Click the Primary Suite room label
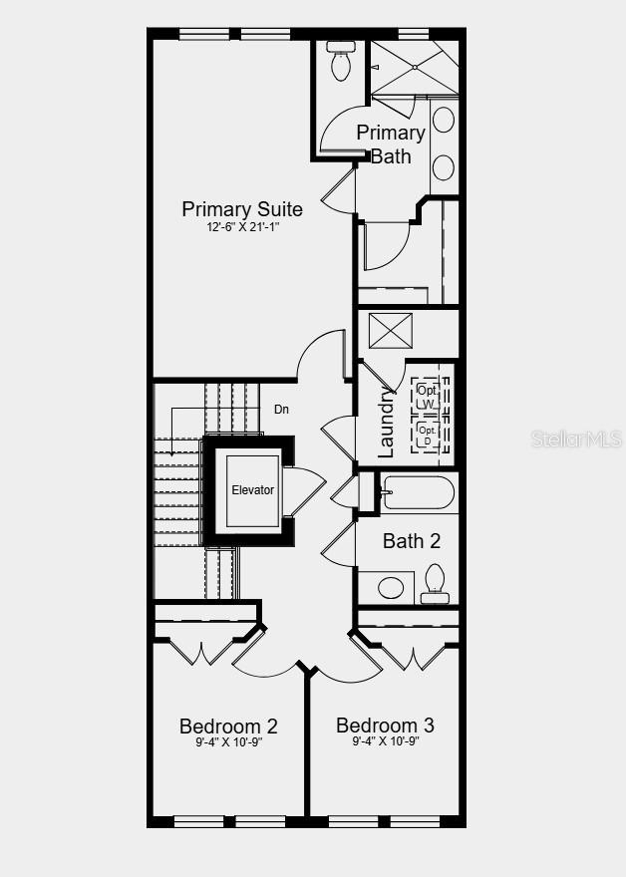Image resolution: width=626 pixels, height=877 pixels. click(242, 209)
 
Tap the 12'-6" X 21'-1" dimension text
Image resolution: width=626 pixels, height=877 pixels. click(242, 227)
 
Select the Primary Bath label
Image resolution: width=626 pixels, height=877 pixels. click(391, 144)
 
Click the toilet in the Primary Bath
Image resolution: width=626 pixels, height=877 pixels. click(341, 62)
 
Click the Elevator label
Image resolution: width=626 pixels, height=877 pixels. click(252, 490)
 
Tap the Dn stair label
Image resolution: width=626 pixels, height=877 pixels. click(282, 410)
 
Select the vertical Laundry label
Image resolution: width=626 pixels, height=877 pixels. click(387, 423)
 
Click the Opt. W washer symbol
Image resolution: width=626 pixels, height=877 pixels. click(428, 394)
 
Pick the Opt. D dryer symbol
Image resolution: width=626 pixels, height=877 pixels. click(428, 435)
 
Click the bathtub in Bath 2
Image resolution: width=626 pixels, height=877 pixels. click(418, 491)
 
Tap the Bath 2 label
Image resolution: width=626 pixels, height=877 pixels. click(412, 541)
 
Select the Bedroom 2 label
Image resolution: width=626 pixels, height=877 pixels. click(228, 726)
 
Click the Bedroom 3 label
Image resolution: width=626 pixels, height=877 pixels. click(385, 725)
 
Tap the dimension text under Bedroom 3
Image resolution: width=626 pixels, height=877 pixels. click(385, 741)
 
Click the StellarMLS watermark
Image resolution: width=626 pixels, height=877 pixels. click(576, 438)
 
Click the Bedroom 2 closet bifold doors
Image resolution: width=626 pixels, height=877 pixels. click(204, 650)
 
